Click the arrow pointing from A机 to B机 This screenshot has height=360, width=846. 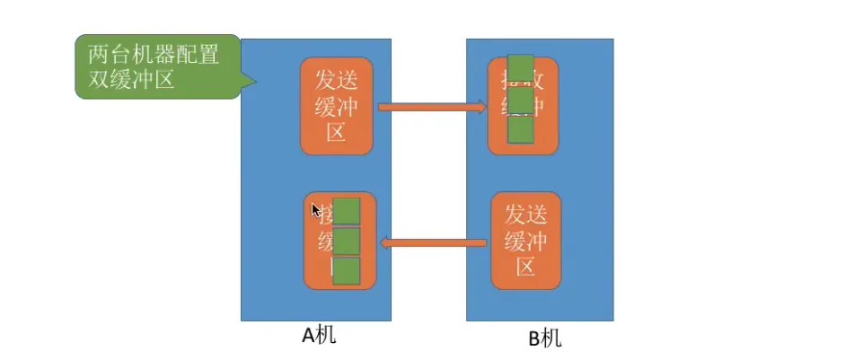click(x=431, y=108)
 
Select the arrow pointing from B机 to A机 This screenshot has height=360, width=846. click(x=434, y=241)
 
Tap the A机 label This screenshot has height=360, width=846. click(x=319, y=336)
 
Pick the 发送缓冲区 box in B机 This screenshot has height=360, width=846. click(x=526, y=241)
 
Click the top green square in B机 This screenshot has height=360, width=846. click(x=521, y=69)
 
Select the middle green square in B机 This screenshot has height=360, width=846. click(x=521, y=100)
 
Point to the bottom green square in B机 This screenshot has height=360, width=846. click(x=521, y=130)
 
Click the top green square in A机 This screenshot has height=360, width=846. click(x=347, y=211)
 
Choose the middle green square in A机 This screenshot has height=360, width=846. click(x=347, y=241)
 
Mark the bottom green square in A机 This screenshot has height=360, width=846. click(x=347, y=271)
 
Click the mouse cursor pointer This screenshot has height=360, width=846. click(x=315, y=210)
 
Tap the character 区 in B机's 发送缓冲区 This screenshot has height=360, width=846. click(x=526, y=268)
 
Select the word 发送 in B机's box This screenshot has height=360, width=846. click(x=526, y=214)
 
